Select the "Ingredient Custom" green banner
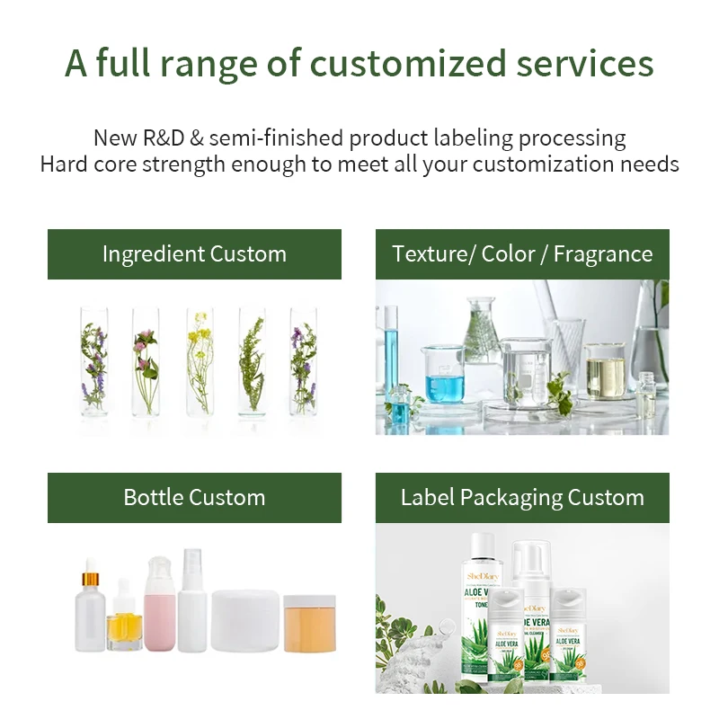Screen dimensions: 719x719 click(x=194, y=254)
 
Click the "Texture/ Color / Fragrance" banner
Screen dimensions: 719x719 click(x=522, y=254)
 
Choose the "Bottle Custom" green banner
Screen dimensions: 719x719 click(x=194, y=498)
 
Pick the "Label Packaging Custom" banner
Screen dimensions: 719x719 click(x=522, y=498)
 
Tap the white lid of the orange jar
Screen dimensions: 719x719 click(x=309, y=601)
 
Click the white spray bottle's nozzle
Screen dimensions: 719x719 click(x=192, y=558)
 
